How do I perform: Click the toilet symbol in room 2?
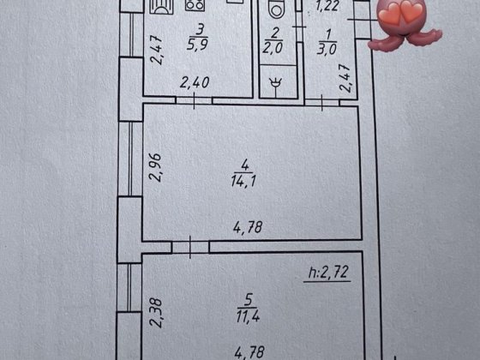point(276,9)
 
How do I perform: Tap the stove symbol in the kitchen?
point(195,5)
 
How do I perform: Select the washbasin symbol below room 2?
point(275,83)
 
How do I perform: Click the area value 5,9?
point(197,45)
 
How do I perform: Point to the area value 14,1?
point(243,181)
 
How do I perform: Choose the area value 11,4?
point(248,316)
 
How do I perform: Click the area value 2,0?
point(273,48)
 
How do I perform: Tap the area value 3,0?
point(327,49)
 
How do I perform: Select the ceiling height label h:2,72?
point(328,273)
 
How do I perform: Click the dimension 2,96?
point(155,167)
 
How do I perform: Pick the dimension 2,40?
point(195,82)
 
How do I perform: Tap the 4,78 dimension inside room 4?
point(248,227)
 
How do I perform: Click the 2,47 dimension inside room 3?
point(157,50)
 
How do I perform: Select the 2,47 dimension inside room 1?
point(345,78)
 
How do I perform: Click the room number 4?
point(245,165)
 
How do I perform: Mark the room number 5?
point(249,300)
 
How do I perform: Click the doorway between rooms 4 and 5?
point(190,247)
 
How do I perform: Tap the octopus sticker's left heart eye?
point(390,13)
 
